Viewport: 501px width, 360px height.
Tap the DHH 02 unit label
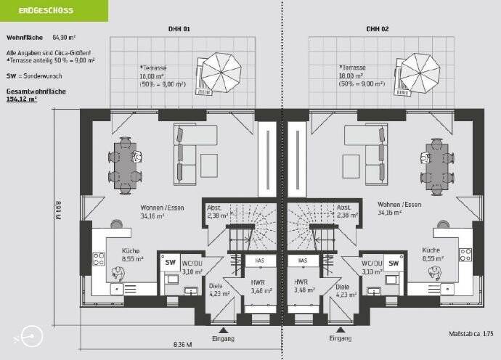(x=378, y=30)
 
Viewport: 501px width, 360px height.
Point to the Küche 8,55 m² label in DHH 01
(x=131, y=254)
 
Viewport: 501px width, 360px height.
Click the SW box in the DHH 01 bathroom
(x=171, y=263)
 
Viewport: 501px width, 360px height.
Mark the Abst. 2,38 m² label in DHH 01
(x=217, y=211)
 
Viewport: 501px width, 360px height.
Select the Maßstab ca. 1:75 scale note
(x=471, y=333)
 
